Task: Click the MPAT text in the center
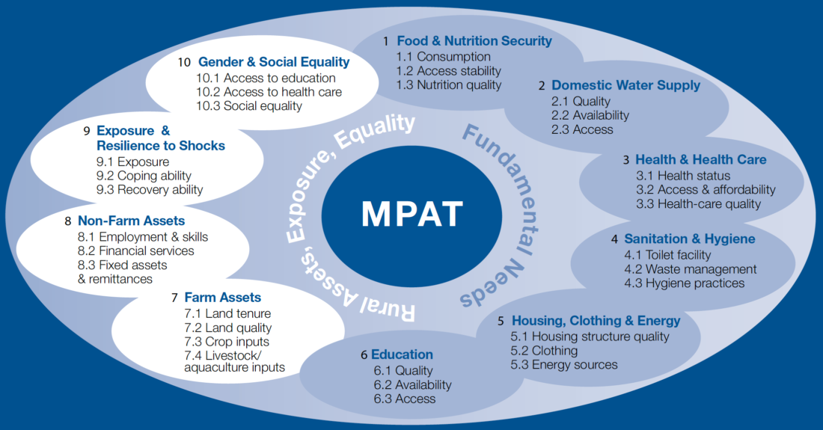coord(411,214)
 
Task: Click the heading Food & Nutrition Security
coord(474,41)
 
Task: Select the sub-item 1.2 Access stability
coord(449,71)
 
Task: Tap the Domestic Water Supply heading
coord(625,85)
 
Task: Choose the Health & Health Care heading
coord(700,159)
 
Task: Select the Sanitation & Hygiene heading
coord(690,239)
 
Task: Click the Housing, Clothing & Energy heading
coord(596,321)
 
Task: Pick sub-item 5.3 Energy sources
coord(564,365)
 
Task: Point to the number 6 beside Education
coord(364,354)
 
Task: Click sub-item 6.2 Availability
coord(413,384)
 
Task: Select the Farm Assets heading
coord(223,298)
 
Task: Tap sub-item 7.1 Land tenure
coord(227,313)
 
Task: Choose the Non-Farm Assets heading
coord(131,221)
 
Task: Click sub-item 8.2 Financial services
coord(136,251)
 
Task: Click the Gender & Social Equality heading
coord(274,62)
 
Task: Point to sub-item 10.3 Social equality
coord(249,106)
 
